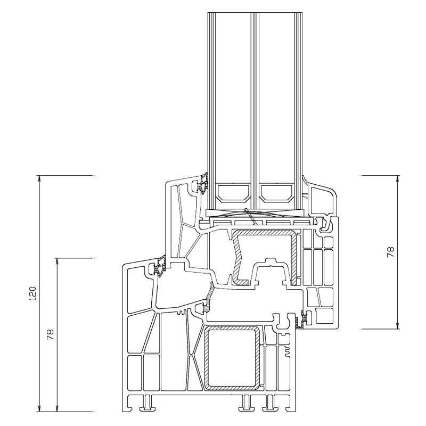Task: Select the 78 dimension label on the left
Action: tap(50, 334)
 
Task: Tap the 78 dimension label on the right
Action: tap(390, 252)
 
